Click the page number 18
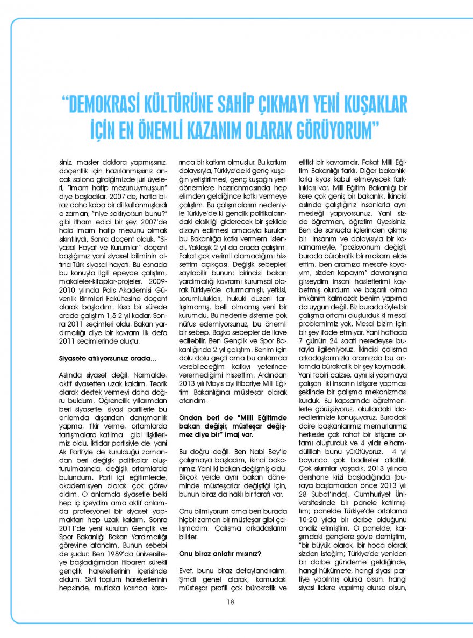pos(231,602)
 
